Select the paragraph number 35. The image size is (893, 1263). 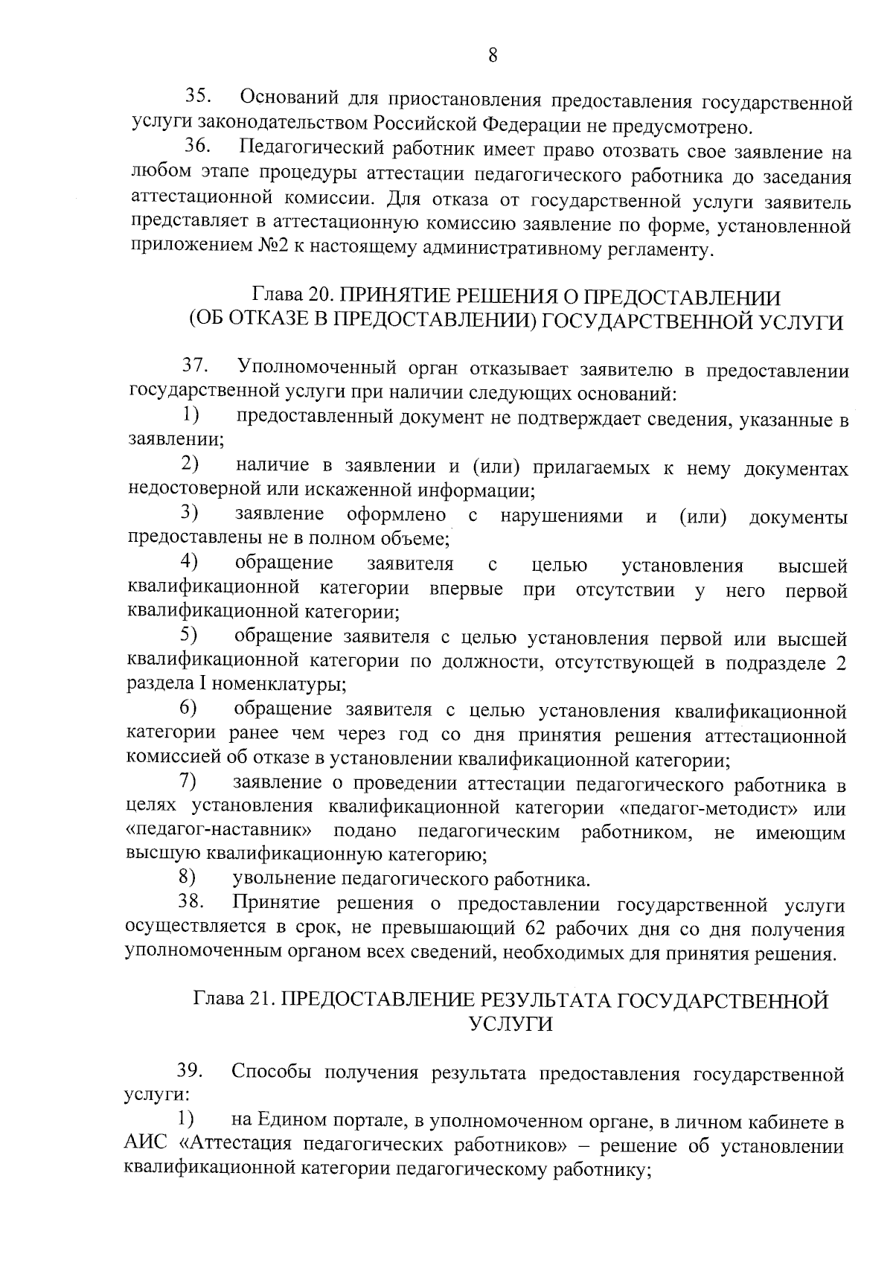(x=199, y=97)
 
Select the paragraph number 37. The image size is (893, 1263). (x=196, y=366)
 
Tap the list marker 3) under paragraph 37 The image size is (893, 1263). (x=189, y=514)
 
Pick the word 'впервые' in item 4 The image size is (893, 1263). (x=466, y=589)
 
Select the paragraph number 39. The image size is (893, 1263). (x=191, y=1072)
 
